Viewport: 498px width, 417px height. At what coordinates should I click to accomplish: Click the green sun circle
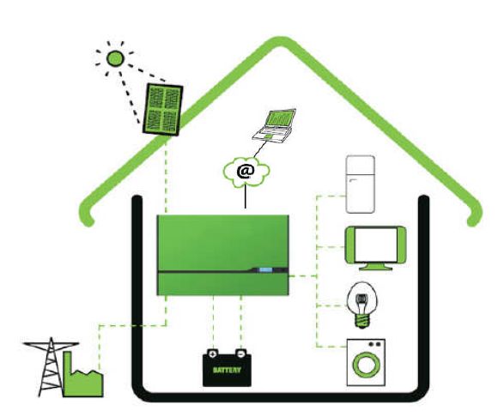[x=115, y=58]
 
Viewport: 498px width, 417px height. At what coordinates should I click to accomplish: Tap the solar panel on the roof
[x=162, y=110]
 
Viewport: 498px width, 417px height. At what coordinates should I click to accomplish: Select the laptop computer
[x=275, y=125]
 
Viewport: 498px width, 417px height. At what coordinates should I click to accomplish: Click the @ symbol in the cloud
[x=246, y=172]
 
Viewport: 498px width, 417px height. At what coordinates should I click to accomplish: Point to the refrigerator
[x=360, y=184]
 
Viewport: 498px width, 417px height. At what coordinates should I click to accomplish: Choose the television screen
[x=375, y=245]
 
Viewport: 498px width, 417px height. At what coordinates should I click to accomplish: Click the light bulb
[x=362, y=305]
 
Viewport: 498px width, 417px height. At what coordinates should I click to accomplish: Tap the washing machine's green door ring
[x=367, y=365]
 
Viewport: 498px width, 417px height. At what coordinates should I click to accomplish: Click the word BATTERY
[x=227, y=370]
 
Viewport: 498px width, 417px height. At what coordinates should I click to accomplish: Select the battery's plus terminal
[x=212, y=354]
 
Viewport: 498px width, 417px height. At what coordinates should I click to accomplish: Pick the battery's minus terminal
[x=241, y=354]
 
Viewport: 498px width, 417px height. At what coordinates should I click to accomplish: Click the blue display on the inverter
[x=266, y=270]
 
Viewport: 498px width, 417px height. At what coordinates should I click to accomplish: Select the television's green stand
[x=376, y=266]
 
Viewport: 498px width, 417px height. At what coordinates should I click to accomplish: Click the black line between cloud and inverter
[x=246, y=197]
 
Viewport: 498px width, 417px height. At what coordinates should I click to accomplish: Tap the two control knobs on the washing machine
[x=374, y=344]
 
